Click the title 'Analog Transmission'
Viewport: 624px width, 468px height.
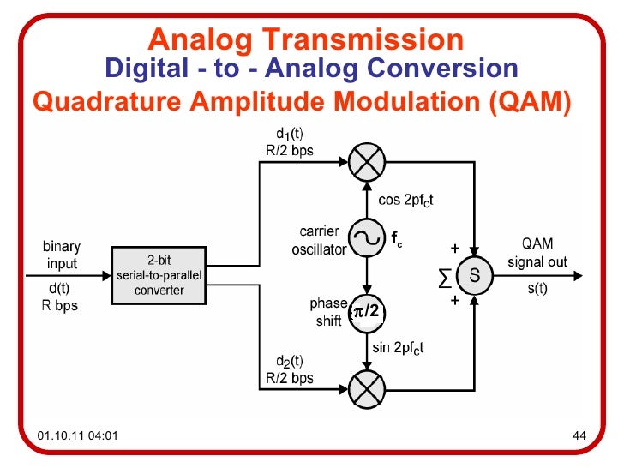[x=305, y=39]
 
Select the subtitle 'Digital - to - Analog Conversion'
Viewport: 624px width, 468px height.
[x=310, y=69]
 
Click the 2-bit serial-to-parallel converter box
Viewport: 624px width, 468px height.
[x=160, y=275]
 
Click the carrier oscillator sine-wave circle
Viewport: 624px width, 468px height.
[x=367, y=240]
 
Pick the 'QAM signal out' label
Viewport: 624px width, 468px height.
[x=537, y=254]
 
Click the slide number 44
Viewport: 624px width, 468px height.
[x=578, y=438]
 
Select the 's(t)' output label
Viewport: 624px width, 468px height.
[x=537, y=290]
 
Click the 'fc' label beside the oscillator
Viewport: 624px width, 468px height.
[x=397, y=241]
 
